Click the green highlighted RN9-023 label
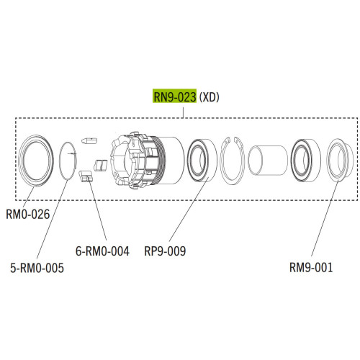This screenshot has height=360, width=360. point(174,96)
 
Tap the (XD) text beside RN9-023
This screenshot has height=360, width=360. point(210,97)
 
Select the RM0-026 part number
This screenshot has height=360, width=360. point(28,214)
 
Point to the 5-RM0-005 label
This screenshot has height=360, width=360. point(37,268)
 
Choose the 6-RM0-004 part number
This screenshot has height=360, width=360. point(102,251)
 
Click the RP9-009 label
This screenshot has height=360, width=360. point(165,251)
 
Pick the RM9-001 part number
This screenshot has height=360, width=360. point(311,267)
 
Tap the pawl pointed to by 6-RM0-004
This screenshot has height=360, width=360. point(85,176)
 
